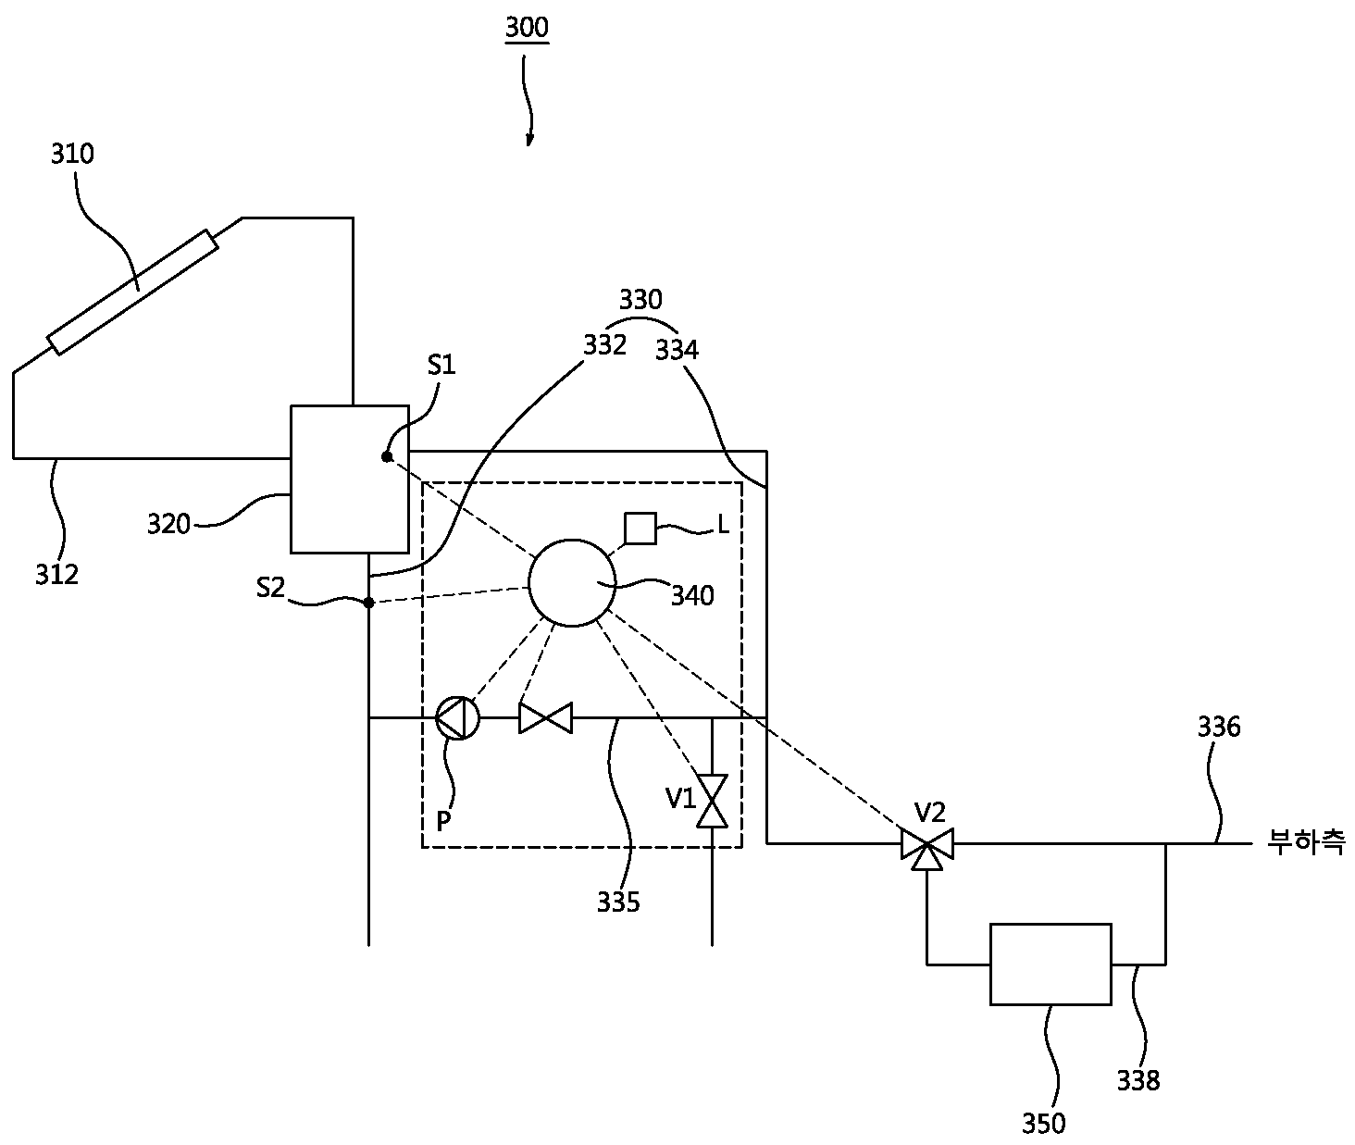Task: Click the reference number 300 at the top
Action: [x=527, y=28]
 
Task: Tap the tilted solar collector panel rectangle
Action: [x=133, y=292]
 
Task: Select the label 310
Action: [x=73, y=154]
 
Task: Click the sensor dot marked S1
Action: [x=387, y=457]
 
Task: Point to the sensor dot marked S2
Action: [x=368, y=603]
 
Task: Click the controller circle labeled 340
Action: [x=572, y=583]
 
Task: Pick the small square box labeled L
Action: [x=640, y=529]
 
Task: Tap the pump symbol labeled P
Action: [x=457, y=718]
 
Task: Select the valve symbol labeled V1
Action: [x=712, y=801]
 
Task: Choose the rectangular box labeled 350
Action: [x=1050, y=964]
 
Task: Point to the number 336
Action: [x=1219, y=727]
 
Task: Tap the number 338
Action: [x=1138, y=1080]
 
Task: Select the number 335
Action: [x=618, y=902]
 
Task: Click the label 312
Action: [x=57, y=575]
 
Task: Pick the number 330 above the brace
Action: [x=640, y=300]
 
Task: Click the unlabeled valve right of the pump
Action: [x=546, y=718]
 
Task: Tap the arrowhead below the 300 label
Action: [x=529, y=139]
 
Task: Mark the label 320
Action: [x=168, y=524]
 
